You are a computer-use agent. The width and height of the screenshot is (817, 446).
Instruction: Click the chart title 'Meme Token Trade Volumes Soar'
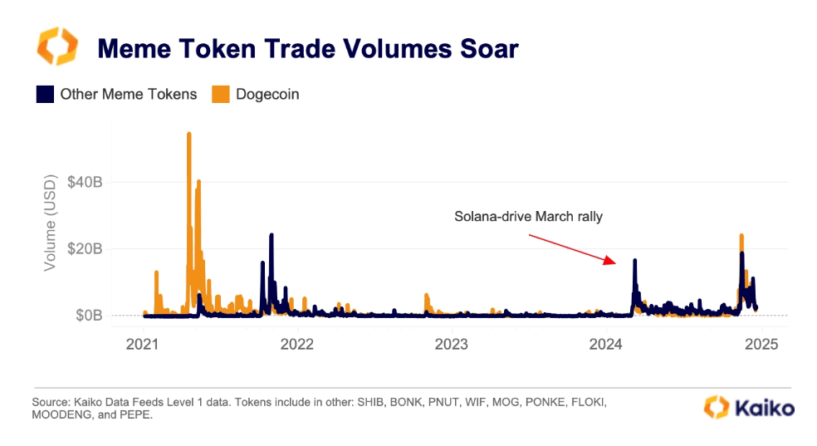coord(307,48)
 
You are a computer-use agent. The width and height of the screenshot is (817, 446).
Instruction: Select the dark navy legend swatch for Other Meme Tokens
coord(45,94)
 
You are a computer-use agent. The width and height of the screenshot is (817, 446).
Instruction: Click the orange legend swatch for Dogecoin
coord(222,94)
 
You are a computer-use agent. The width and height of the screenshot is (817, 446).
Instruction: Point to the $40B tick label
coord(85,182)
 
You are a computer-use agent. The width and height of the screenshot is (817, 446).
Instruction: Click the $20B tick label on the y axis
coord(85,248)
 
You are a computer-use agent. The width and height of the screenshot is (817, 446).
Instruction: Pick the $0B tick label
coord(88,316)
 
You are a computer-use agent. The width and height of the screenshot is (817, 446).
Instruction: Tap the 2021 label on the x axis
coord(143,343)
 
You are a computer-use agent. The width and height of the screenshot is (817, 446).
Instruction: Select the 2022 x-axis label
coord(297,343)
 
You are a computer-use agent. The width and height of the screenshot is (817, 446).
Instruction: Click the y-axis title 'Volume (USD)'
coord(51,223)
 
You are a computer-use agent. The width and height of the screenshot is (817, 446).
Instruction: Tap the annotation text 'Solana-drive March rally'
coord(528,217)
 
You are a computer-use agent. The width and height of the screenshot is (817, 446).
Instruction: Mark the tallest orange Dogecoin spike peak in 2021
coord(189,134)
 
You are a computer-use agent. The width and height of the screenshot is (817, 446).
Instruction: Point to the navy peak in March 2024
coord(635,261)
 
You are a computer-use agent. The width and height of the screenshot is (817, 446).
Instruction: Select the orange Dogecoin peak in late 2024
coord(741,236)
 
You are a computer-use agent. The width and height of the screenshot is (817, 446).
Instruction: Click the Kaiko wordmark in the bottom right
coord(761,408)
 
